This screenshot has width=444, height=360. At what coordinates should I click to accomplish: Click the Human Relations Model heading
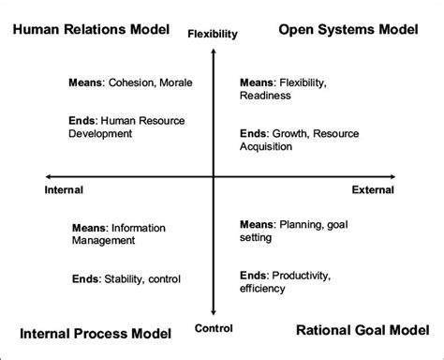(90, 31)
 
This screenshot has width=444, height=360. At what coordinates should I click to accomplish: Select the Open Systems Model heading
(348, 31)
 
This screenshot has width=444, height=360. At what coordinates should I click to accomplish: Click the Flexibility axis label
(213, 35)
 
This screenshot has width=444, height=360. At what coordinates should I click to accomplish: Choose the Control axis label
(213, 328)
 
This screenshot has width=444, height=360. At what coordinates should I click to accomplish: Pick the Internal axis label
(65, 189)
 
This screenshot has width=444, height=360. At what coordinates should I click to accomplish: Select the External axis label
(373, 189)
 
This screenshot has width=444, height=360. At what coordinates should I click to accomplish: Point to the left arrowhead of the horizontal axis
(49, 176)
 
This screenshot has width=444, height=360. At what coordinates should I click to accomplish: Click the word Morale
(174, 82)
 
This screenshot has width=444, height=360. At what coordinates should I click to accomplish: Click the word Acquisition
(269, 147)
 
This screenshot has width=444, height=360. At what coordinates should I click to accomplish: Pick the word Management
(103, 240)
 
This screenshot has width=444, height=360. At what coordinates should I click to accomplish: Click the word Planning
(298, 225)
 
